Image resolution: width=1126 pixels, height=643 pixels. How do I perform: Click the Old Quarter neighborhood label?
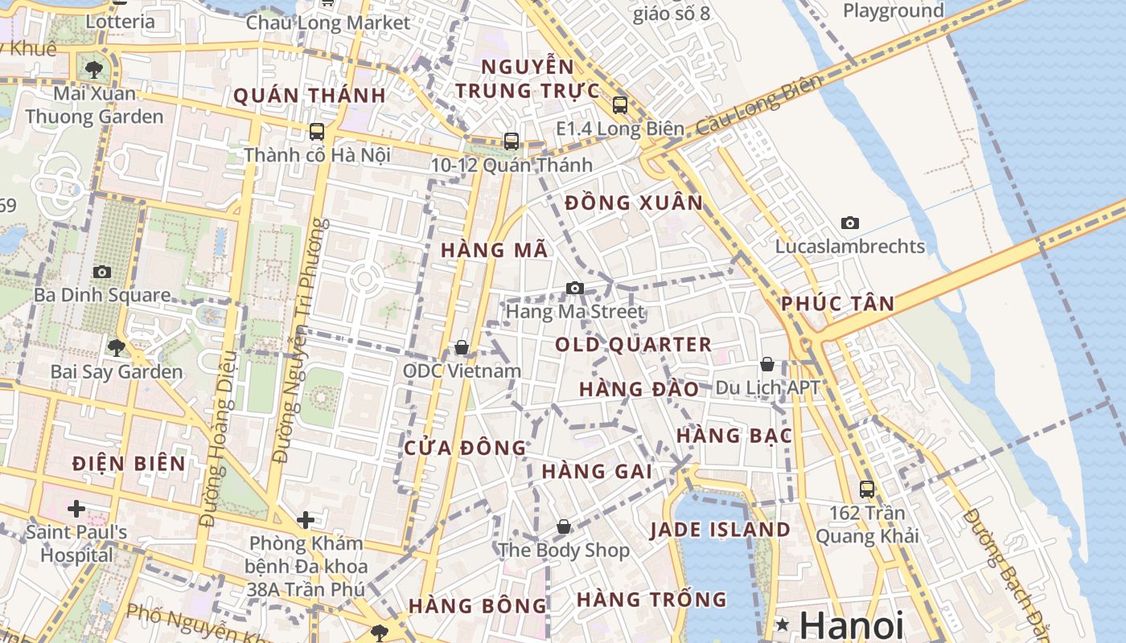coord(633,345)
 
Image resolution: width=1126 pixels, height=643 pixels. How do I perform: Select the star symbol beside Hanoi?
coord(782,625)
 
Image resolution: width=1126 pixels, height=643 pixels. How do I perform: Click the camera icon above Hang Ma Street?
coord(574,288)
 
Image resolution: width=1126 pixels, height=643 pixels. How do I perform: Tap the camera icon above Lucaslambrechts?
coord(849,223)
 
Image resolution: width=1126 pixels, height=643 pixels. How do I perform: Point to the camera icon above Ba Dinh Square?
coord(101,272)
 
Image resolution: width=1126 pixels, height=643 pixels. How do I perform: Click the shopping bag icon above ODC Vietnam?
coord(462,347)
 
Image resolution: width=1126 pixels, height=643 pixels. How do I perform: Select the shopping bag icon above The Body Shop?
coord(564,526)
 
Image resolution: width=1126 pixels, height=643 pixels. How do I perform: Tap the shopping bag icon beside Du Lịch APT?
coord(767,364)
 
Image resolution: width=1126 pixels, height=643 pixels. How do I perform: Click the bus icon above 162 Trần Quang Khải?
coord(867,489)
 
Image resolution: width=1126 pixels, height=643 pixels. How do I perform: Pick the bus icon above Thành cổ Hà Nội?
coord(317,131)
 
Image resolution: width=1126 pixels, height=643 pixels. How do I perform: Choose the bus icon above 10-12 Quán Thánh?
coord(512,141)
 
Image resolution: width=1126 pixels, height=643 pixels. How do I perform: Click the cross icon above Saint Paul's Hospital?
coord(76,509)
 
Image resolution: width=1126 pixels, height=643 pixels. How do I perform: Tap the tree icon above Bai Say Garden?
coord(117,348)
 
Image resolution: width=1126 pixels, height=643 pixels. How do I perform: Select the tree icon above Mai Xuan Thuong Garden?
coord(94,69)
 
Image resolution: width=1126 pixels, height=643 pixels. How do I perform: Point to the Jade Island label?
coord(720,530)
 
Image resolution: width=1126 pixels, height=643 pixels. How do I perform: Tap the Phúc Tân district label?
coord(837,304)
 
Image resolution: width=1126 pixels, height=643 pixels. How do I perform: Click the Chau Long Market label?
coord(328,23)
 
